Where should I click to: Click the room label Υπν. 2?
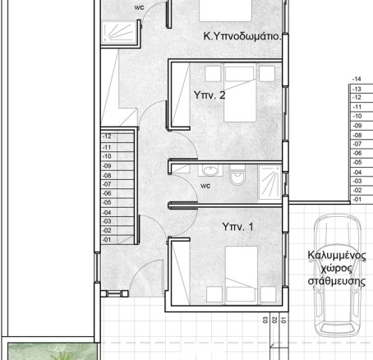pos(210,95)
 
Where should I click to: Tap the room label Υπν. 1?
pos(237,227)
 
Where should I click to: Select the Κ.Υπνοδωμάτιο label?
pos(242,36)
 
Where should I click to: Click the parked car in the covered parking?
pos(337,275)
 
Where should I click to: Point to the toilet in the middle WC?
pos(237,175)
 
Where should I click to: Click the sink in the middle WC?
pos(210,170)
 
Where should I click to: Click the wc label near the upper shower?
pos(139,7)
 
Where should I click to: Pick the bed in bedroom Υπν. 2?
pos(240,92)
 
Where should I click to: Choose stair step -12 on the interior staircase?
pos(117,136)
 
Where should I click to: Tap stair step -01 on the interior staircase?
pos(117,239)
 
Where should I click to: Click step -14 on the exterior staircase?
pos(361,80)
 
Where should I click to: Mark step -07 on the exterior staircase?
pos(361,144)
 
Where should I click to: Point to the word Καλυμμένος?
pos(337,256)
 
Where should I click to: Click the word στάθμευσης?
pos(337,281)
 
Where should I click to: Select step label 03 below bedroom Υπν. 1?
pos(265,320)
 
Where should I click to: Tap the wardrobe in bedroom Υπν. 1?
pos(181,273)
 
